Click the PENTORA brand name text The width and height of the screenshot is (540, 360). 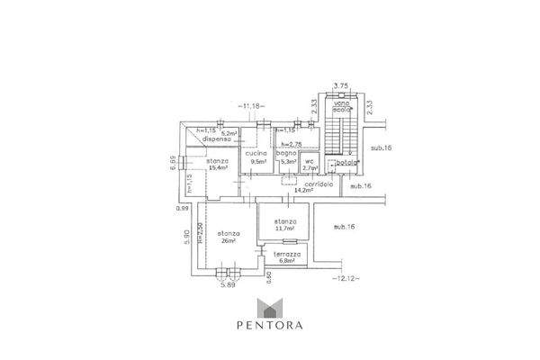(x=269, y=327)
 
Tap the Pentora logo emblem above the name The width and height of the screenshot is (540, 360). (x=269, y=308)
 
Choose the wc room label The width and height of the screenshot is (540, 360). (x=309, y=161)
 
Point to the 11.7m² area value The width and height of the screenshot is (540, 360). (x=286, y=228)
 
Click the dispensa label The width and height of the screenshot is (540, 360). (x=217, y=139)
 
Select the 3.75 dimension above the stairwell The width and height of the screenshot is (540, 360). (x=340, y=85)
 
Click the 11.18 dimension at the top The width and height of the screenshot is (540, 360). (x=252, y=107)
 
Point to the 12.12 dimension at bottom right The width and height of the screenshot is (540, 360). (x=346, y=278)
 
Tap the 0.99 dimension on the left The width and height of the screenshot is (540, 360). (x=183, y=208)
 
